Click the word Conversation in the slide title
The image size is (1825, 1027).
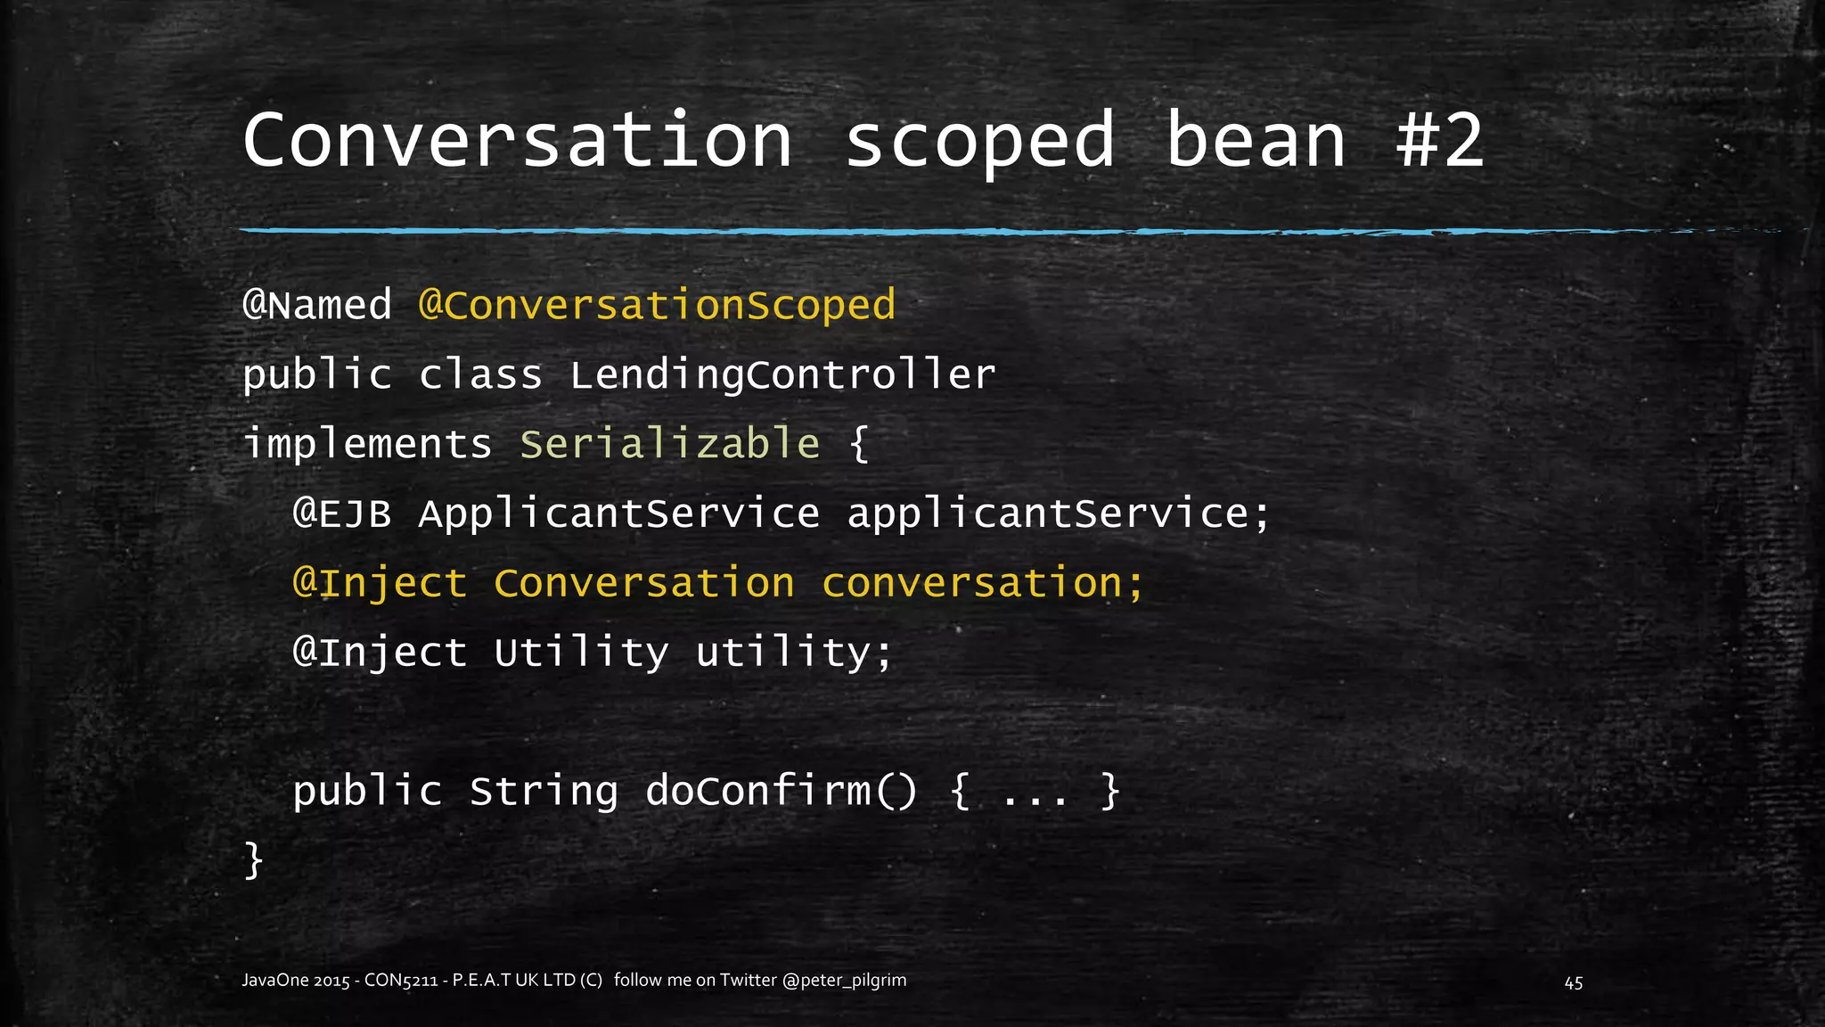[517, 140]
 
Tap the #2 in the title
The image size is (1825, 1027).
[1439, 140]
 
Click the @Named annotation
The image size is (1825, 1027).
[317, 305]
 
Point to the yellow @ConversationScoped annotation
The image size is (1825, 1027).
[657, 305]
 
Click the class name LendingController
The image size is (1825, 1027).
[782, 374]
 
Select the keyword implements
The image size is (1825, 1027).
[367, 444]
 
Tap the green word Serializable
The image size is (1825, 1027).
[669, 444]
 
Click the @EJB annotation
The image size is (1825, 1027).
[342, 513]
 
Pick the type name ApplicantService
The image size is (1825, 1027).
[619, 513]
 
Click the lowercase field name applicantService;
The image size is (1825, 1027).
[1058, 513]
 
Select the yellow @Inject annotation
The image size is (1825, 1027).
[380, 583]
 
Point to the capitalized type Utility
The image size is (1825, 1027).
[581, 653]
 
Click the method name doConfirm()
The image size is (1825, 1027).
[781, 792]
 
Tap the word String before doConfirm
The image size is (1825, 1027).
[544, 792]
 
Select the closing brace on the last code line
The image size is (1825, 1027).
[254, 860]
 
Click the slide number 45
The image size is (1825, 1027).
[1574, 982]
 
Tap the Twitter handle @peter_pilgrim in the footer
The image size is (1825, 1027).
[844, 981]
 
